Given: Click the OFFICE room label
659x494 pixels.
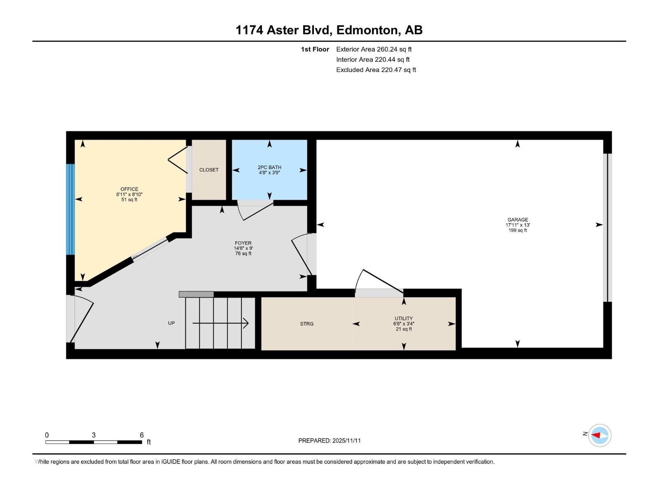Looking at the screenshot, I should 129,189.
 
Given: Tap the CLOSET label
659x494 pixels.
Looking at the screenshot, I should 209,170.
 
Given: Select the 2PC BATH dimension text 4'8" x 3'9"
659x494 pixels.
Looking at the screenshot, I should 269,173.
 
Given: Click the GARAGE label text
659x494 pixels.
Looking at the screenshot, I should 518,220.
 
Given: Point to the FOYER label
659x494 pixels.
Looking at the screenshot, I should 243,243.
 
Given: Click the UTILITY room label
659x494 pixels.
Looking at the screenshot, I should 404,318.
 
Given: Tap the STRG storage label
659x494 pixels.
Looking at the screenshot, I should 307,324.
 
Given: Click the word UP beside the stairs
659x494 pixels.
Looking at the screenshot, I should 171,323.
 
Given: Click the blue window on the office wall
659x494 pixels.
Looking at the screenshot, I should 70,209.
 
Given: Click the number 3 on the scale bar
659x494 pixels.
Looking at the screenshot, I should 94,435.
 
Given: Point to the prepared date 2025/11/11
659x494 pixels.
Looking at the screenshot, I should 346,440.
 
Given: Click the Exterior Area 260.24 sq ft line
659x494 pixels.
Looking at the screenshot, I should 374,49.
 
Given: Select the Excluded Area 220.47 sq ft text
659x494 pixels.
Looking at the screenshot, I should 376,70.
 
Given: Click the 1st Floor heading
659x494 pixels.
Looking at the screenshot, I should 315,49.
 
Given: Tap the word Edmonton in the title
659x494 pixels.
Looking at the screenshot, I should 367,30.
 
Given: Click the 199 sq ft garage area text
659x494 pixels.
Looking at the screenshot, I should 518,231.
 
